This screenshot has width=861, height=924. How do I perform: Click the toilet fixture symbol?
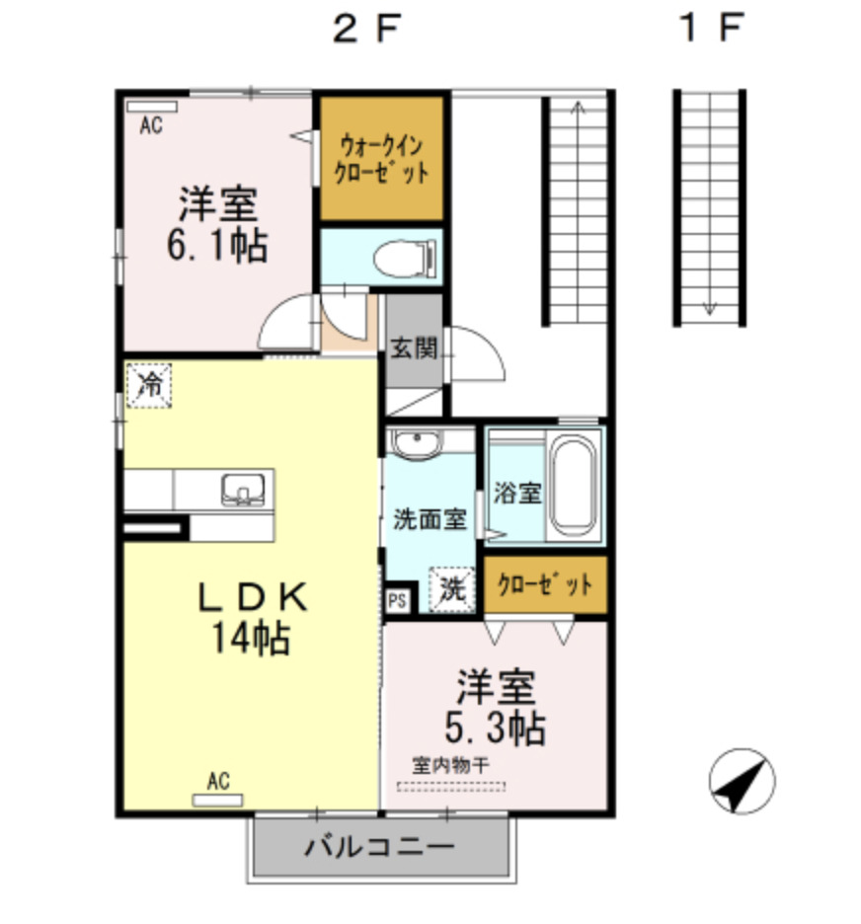coord(407,258)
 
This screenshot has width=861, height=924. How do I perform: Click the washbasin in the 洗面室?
coord(420,444)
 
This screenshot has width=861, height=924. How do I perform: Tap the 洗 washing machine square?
coord(451,589)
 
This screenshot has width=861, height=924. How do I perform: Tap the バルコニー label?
coord(380,847)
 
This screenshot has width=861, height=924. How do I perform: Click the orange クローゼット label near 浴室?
coord(545,584)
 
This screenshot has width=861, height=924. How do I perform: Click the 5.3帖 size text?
coord(495,729)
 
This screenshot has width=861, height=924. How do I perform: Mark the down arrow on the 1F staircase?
coord(709,306)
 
